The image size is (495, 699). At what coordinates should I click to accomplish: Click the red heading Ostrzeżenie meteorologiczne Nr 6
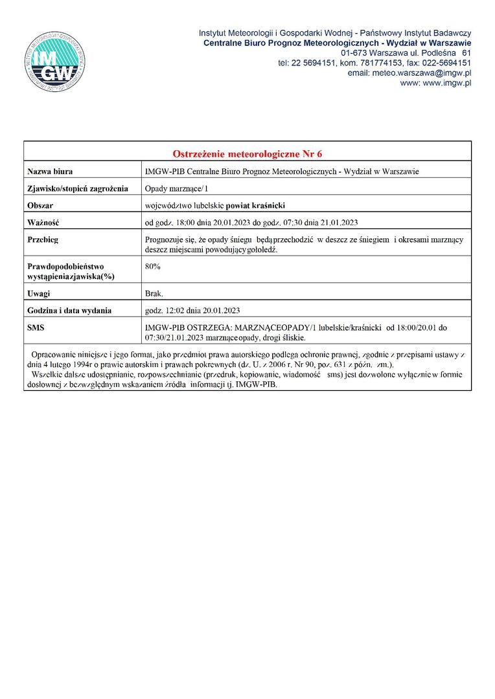[x=247, y=154]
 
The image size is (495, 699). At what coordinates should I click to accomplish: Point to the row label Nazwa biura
[x=50, y=172]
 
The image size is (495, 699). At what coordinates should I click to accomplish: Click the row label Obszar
[x=40, y=206]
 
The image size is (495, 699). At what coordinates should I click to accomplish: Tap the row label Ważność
[x=43, y=223]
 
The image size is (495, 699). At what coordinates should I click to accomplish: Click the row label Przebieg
[x=43, y=240]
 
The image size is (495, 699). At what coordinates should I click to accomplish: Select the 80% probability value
[x=154, y=266]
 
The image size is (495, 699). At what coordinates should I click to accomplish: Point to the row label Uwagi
[x=39, y=293]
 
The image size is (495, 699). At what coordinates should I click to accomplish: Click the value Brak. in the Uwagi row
[x=155, y=293]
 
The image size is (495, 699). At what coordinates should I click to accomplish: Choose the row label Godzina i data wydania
[x=69, y=311]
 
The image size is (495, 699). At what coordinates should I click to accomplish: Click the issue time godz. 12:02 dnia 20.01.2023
[x=193, y=311]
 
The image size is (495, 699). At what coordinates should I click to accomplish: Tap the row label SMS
[x=36, y=328]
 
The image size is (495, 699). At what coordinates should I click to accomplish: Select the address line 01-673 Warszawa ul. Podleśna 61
[x=406, y=52]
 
